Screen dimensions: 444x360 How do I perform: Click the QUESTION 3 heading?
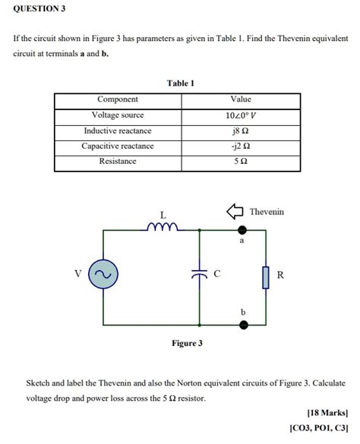(39, 8)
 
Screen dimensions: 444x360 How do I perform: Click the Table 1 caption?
(181, 83)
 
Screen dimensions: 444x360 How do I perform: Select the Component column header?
(118, 99)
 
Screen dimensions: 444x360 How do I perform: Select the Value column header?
(240, 99)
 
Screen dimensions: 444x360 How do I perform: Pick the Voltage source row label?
(118, 115)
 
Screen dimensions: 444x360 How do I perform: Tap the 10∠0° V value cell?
(240, 115)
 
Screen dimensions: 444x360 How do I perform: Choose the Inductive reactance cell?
(118, 131)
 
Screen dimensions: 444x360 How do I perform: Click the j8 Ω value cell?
(240, 131)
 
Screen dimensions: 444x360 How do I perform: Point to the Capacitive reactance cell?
(118, 146)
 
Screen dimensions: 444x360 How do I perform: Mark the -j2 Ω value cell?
(240, 146)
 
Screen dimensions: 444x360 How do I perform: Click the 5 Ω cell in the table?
(240, 162)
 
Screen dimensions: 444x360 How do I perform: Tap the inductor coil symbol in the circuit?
(163, 225)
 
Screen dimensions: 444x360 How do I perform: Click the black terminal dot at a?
(243, 228)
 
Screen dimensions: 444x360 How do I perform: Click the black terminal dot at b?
(243, 325)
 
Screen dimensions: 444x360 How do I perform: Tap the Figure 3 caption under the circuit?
(187, 343)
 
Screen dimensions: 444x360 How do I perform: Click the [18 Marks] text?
(327, 413)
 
